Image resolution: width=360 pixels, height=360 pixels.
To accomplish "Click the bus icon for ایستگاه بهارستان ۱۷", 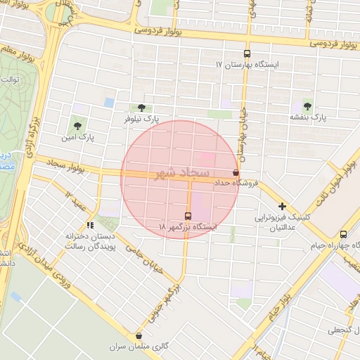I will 246,53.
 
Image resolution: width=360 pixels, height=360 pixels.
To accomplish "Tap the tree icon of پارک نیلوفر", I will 142,108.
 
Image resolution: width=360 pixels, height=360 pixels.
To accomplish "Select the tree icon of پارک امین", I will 77,126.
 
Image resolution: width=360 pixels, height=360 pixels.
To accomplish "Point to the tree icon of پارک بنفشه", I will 307,105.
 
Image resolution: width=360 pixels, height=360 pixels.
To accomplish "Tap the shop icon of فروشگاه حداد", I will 235,172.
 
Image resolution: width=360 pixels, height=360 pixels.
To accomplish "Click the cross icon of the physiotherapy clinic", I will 282,207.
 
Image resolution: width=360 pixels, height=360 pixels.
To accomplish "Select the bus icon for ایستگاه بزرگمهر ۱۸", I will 188,216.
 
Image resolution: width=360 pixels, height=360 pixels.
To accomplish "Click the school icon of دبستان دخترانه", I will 90,225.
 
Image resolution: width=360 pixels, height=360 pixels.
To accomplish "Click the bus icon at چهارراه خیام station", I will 343,234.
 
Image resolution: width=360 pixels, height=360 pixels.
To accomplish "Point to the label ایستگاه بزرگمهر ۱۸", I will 188,228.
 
